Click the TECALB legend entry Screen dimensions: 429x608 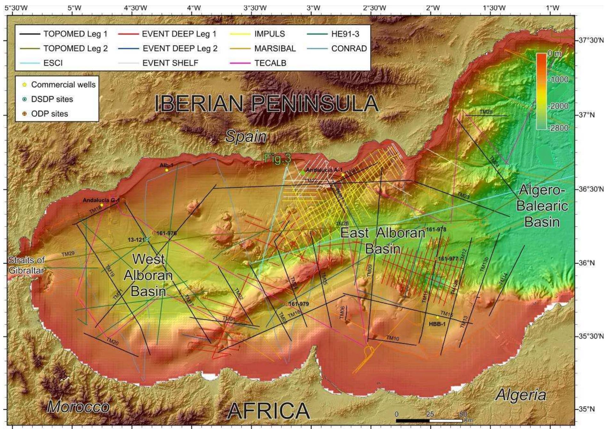270,63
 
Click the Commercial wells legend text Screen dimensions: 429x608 63,85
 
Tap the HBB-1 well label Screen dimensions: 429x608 437,324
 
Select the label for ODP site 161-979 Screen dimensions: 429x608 299,304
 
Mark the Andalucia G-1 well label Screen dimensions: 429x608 101,200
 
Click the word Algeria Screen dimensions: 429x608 521,395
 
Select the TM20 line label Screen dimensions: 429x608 112,342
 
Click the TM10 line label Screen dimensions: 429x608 393,338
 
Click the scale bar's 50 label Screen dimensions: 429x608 463,414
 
